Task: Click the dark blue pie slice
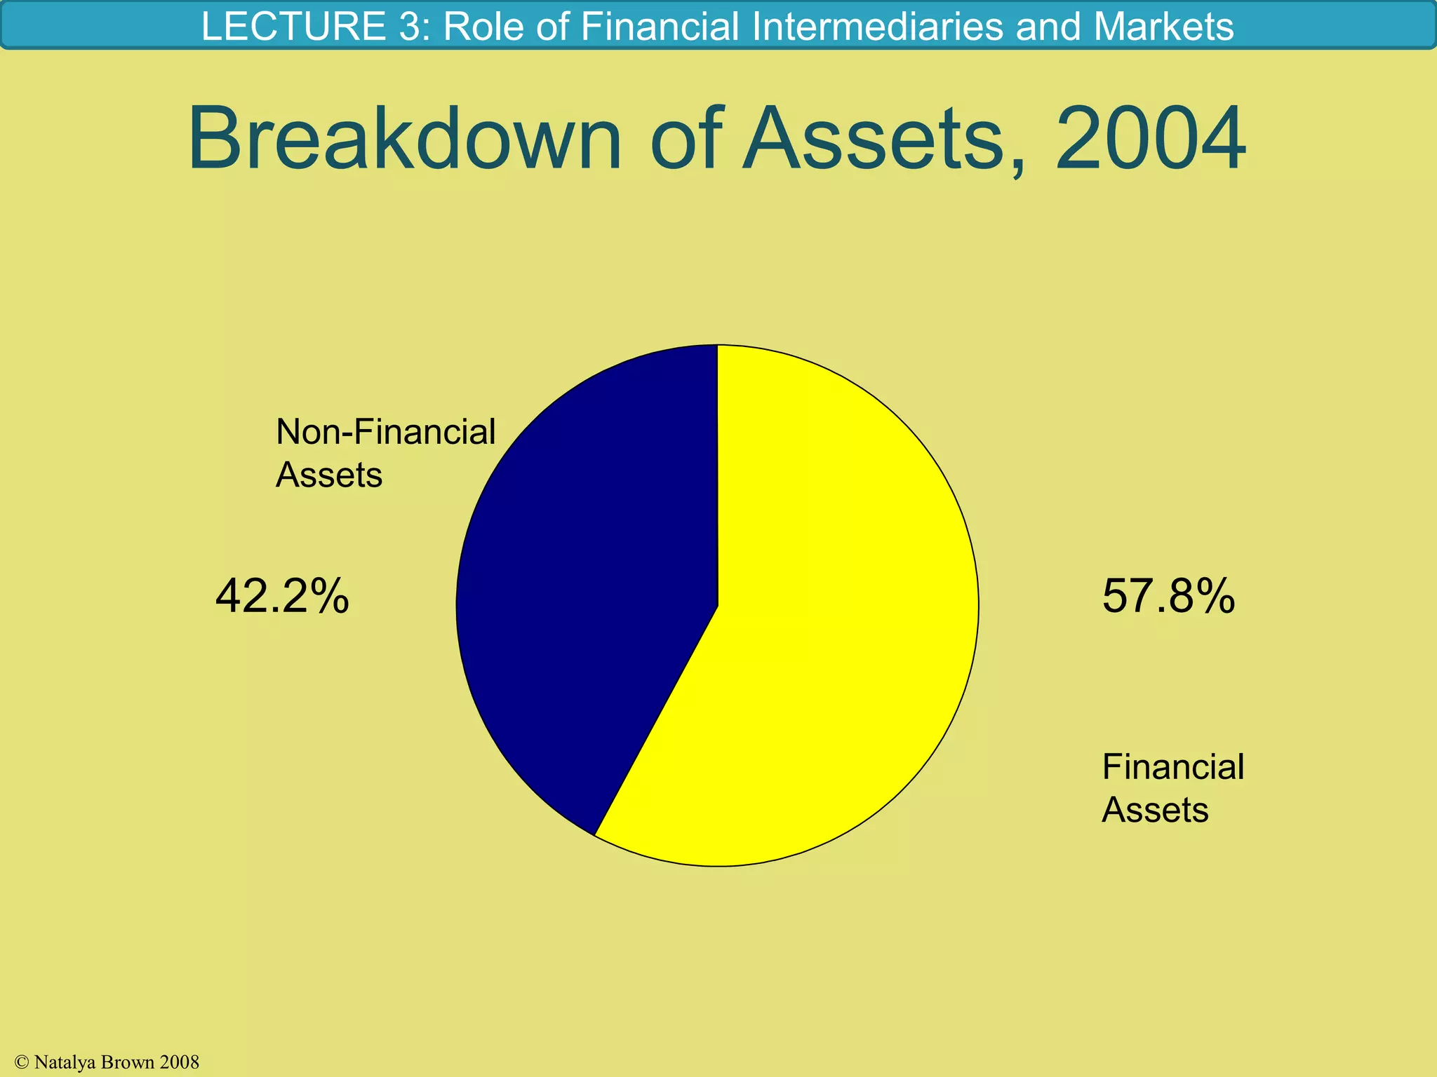(582, 596)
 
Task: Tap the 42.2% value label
(281, 597)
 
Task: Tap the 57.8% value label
(1168, 597)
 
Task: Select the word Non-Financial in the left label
(385, 432)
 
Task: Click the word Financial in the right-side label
(1172, 766)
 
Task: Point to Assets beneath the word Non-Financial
(328, 475)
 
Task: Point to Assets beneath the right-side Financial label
(1155, 811)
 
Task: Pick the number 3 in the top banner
(413, 27)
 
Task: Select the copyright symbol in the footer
(21, 1062)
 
